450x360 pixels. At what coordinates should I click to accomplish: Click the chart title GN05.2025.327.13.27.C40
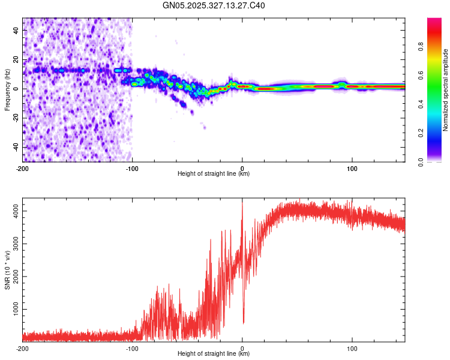[x=214, y=6]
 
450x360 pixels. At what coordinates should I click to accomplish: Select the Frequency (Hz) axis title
[x=7, y=90]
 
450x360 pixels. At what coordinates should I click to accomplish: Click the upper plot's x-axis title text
[x=214, y=173]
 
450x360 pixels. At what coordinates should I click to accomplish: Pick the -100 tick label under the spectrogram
[x=132, y=167]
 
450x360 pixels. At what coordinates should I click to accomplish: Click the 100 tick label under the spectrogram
[x=352, y=167]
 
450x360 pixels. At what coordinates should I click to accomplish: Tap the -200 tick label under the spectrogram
[x=23, y=167]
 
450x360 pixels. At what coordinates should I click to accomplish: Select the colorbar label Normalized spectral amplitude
[x=445, y=90]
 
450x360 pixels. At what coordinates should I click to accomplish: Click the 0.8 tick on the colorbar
[x=421, y=47]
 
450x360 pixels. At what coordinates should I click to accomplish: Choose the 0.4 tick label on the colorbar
[x=421, y=104]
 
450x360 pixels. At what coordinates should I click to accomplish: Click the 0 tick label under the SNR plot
[x=242, y=349]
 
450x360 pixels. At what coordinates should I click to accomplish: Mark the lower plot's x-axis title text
[x=214, y=355]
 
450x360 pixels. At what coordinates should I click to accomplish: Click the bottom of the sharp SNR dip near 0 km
[x=244, y=323]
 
